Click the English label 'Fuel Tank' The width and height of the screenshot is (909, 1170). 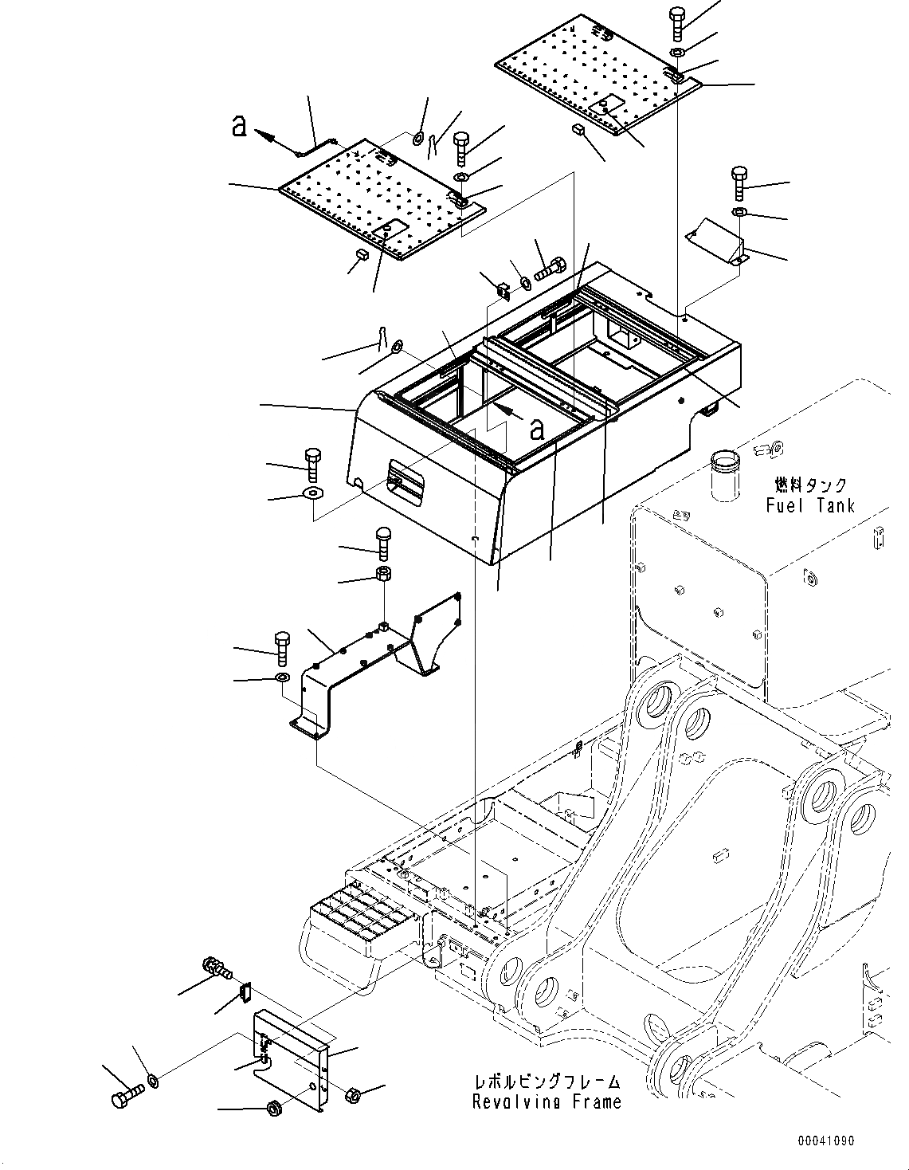pos(810,505)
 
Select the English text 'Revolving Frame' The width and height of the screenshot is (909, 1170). pos(546,1102)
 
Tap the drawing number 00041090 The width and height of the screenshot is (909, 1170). pos(826,1141)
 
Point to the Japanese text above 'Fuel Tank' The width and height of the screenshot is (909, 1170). pos(810,485)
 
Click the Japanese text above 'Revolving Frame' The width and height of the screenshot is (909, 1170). pos(546,1082)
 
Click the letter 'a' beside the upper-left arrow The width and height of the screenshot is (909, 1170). pos(238,126)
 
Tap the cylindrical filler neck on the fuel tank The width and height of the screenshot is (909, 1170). pos(725,475)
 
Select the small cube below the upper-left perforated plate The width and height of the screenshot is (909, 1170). pos(359,254)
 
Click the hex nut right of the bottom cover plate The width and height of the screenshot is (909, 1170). pos(353,1096)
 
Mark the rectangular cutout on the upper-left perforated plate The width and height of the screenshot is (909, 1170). pos(390,230)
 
